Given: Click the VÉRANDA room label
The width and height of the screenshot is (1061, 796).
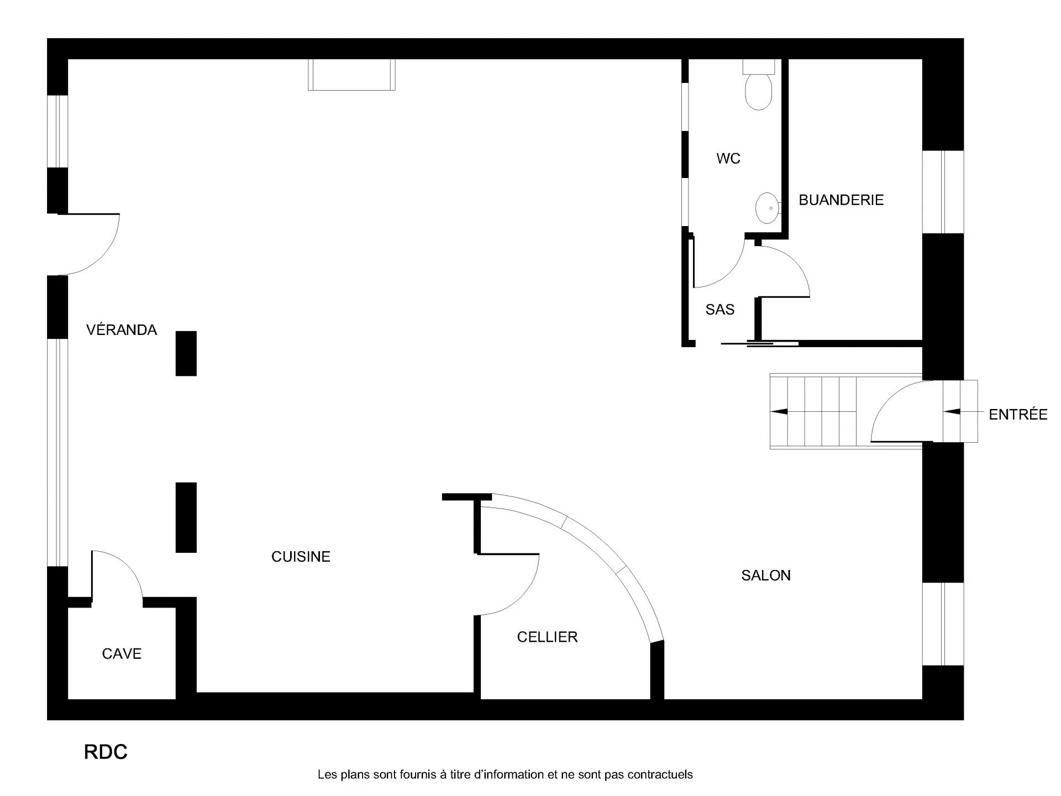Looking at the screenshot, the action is pyautogui.click(x=122, y=329).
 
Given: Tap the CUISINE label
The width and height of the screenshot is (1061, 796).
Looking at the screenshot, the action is pyautogui.click(x=301, y=557).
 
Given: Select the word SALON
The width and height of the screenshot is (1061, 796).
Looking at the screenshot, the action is pyautogui.click(x=766, y=575).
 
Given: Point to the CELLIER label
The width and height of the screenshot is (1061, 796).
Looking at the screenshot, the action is pyautogui.click(x=547, y=637).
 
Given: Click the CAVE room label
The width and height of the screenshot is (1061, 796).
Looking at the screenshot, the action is pyautogui.click(x=122, y=654).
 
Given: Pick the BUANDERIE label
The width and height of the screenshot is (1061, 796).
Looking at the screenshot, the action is pyautogui.click(x=841, y=200).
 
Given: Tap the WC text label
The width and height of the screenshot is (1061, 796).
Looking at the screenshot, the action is pyautogui.click(x=728, y=159).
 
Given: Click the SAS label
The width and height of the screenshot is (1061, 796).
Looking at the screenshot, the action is pyautogui.click(x=720, y=310).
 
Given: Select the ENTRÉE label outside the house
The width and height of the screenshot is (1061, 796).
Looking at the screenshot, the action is pyautogui.click(x=1018, y=414).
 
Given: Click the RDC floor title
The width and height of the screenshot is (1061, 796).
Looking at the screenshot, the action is pyautogui.click(x=106, y=752).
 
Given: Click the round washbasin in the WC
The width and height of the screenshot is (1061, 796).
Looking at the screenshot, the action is pyautogui.click(x=767, y=208).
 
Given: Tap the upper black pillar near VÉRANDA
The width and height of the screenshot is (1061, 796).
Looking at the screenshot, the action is pyautogui.click(x=186, y=353).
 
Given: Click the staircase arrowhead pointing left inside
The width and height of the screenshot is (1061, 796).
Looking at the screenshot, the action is pyautogui.click(x=779, y=412).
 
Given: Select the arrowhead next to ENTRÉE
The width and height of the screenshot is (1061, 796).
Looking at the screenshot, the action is pyautogui.click(x=952, y=412).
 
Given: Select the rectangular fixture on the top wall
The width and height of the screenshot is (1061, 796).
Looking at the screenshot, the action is pyautogui.click(x=352, y=75).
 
